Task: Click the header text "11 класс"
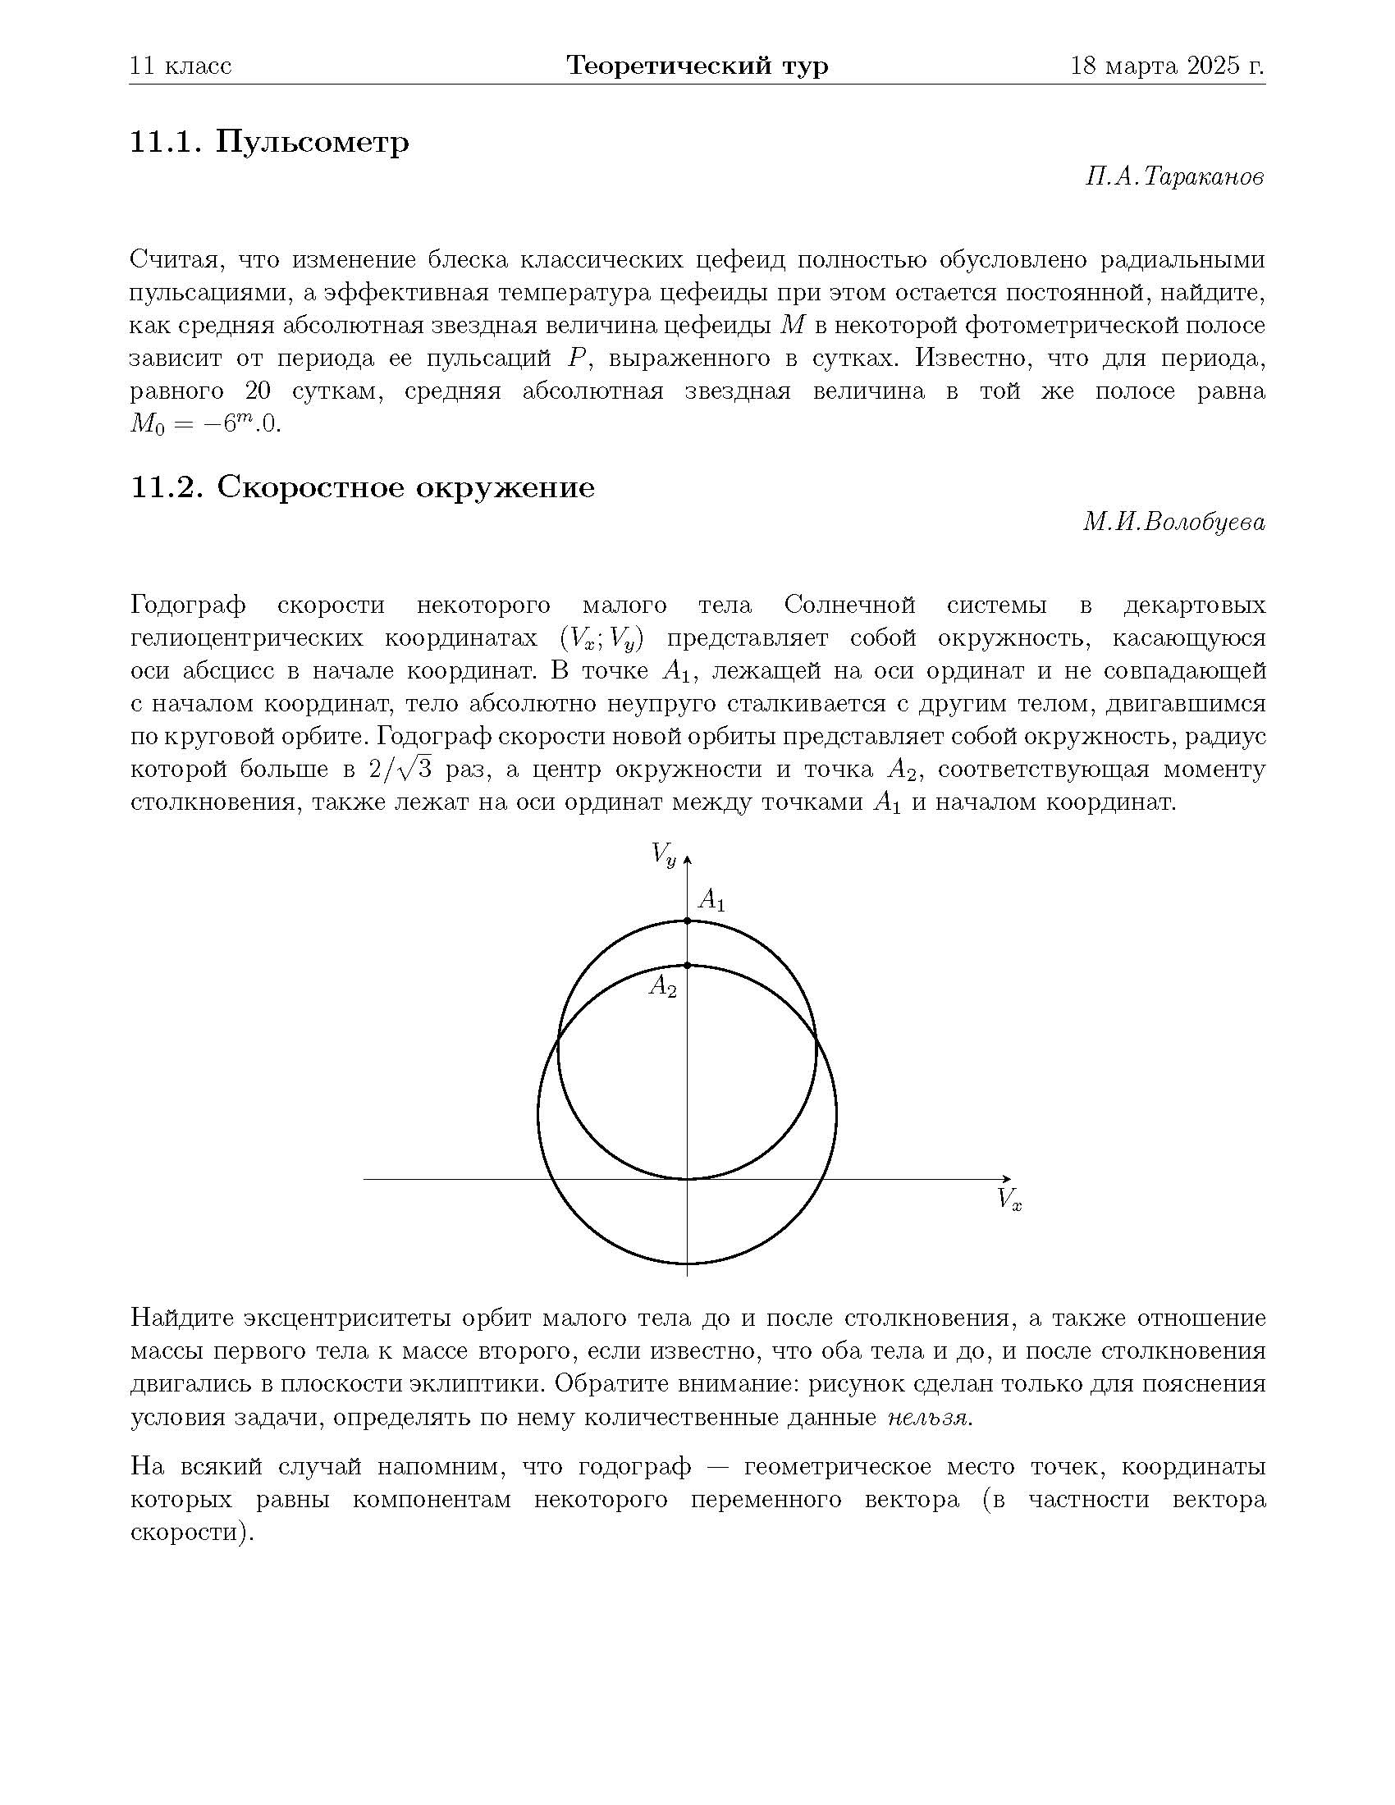(181, 66)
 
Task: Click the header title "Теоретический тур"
(697, 66)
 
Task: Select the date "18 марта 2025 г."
(1167, 66)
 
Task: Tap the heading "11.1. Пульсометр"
(269, 142)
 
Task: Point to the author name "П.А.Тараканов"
(1174, 177)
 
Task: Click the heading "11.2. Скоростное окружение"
(363, 487)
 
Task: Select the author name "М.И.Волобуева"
(1173, 523)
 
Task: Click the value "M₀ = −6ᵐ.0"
(206, 425)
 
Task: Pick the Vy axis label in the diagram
(663, 853)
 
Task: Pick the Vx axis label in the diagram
(1009, 1199)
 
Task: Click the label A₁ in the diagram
(711, 899)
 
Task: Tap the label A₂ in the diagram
(663, 985)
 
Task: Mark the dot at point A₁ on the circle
(688, 921)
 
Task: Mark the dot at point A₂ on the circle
(688, 966)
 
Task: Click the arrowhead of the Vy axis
(688, 861)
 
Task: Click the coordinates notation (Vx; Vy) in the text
(601, 639)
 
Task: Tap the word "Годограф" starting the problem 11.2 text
(189, 605)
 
